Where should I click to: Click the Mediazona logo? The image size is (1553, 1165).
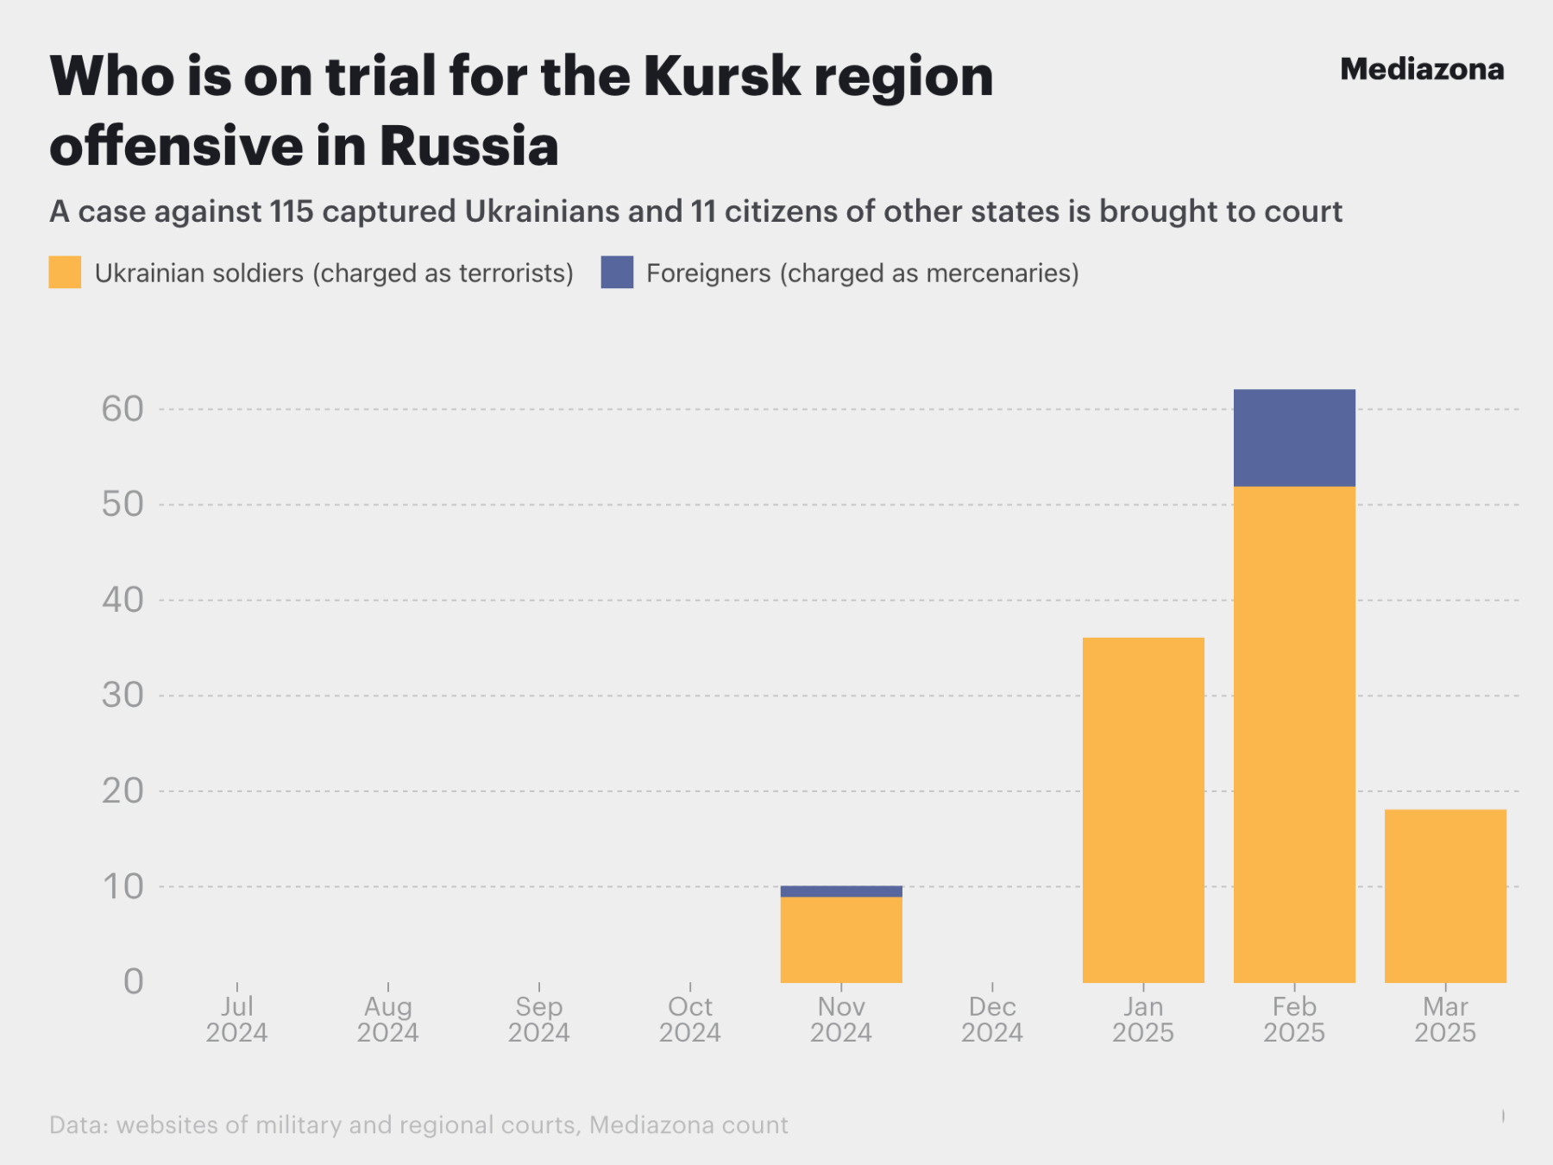[1421, 69]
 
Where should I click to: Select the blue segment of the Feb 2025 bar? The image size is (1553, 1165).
[1294, 438]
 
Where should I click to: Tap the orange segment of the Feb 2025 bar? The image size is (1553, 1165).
[1294, 734]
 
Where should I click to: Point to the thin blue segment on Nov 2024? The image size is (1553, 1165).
[841, 891]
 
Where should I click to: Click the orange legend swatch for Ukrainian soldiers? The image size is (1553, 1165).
[65, 272]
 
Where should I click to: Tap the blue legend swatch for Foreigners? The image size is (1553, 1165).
[617, 272]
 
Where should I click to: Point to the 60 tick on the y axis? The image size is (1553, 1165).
[123, 409]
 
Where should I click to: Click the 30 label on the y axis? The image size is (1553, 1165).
[123, 695]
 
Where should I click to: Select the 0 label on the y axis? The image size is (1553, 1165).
[133, 981]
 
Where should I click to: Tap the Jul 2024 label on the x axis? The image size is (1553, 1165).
[236, 1019]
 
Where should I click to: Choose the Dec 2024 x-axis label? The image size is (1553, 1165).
[992, 1019]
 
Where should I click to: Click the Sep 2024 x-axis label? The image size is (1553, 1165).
[538, 1019]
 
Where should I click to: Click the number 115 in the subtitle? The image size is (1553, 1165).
[291, 211]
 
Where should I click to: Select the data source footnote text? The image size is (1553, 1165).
[418, 1124]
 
